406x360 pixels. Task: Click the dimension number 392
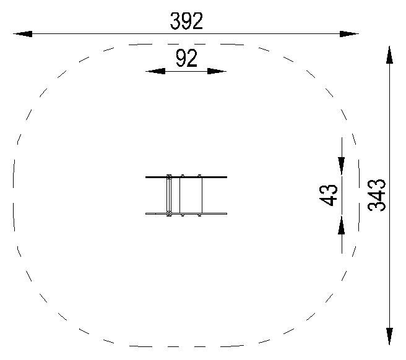coord(186,21)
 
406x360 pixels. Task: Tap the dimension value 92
coord(186,59)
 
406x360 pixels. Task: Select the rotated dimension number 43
coord(328,195)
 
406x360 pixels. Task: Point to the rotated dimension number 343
coord(376,195)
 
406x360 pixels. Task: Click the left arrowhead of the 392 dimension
coord(23,34)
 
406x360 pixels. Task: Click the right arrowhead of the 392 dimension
coord(349,34)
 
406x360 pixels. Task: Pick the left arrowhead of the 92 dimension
coord(155,71)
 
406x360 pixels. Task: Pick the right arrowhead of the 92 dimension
coord(217,71)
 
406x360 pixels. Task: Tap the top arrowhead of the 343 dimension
coord(389,55)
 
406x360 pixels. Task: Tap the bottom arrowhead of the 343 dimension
coord(389,336)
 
